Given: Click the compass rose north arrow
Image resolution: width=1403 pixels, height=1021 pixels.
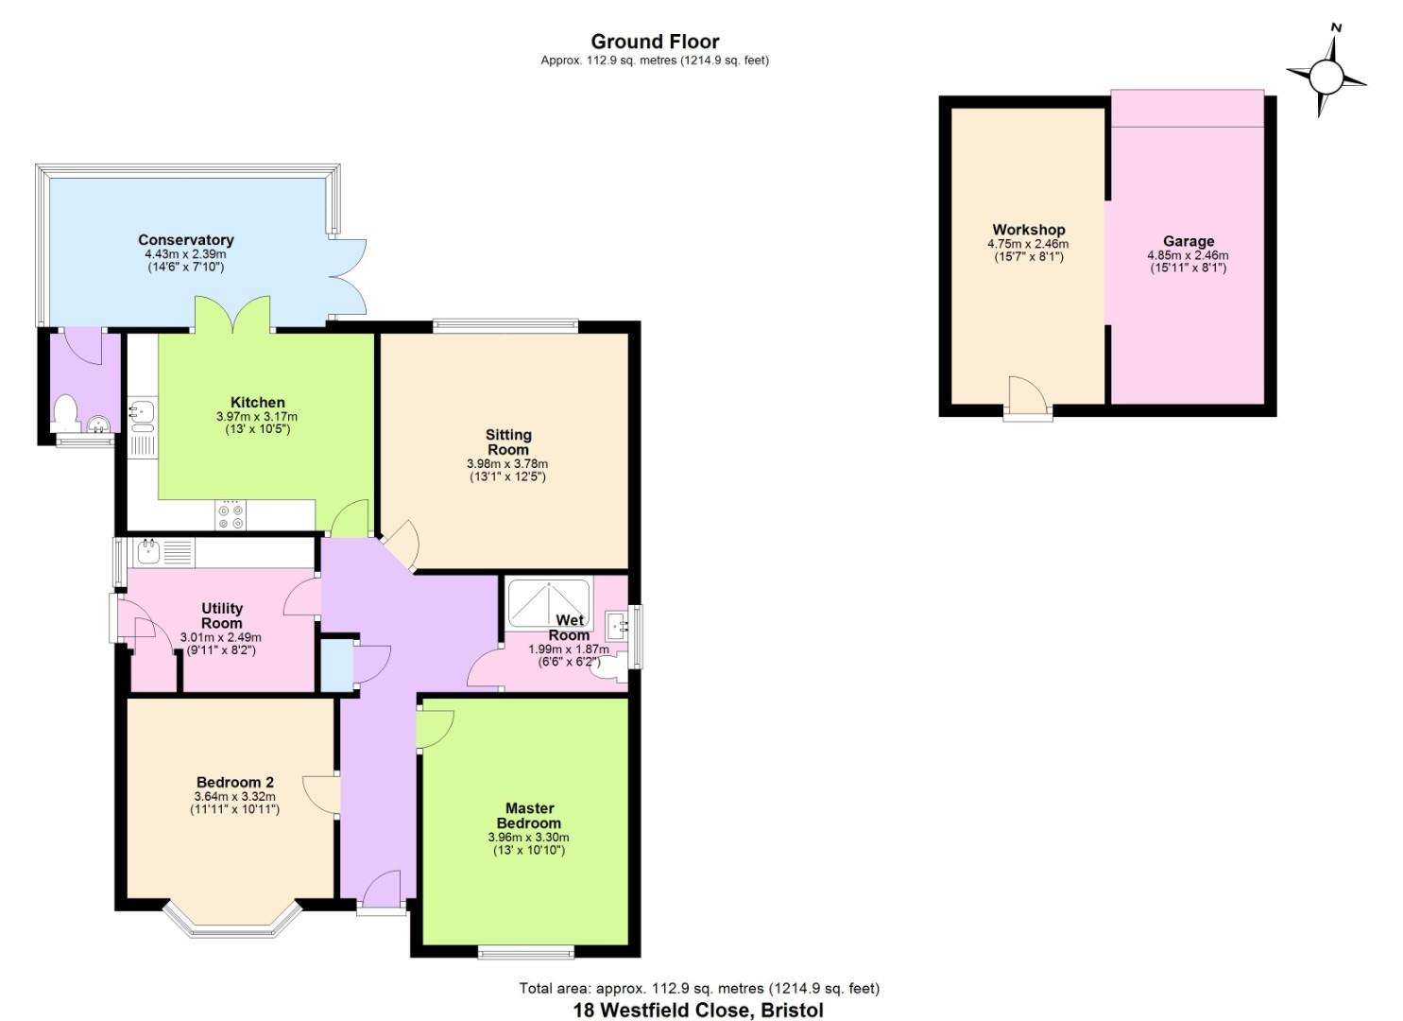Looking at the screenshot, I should point(1326,74).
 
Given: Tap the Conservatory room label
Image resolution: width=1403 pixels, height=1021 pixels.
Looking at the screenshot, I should point(185,240).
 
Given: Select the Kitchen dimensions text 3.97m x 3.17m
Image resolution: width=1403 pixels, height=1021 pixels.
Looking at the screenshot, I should point(256,417).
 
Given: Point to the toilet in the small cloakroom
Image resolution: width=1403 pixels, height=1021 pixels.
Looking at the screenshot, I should point(65,413).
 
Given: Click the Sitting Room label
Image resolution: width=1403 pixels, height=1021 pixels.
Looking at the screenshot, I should point(508,441).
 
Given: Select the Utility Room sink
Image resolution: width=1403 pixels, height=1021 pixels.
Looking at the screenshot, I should point(149,551).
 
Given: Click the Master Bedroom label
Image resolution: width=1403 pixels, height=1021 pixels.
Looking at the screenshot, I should point(529,815).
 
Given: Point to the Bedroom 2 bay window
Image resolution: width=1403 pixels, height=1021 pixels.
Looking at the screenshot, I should point(231,924).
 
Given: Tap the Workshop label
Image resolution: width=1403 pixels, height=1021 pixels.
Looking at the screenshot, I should point(1028,230).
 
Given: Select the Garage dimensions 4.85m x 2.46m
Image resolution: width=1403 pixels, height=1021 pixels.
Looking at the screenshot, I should point(1188,255).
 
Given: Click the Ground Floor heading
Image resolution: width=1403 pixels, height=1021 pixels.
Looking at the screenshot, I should point(655,42).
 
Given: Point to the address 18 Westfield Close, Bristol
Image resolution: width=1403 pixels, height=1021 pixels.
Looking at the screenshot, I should point(698,1010).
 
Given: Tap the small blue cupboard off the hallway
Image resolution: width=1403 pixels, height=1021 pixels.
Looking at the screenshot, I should point(335,665).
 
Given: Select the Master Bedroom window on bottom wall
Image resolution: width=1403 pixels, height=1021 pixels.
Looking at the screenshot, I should point(525,951).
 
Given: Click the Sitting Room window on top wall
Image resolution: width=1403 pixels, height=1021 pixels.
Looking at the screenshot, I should point(505,326).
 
